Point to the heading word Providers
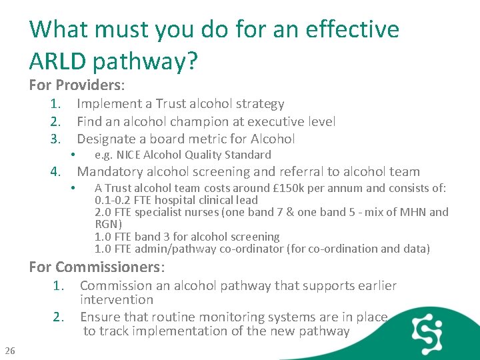[x=90, y=85]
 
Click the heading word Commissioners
[x=110, y=267]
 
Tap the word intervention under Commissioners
[x=116, y=300]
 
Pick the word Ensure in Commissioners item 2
[x=99, y=317]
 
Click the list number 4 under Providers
[x=56, y=172]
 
